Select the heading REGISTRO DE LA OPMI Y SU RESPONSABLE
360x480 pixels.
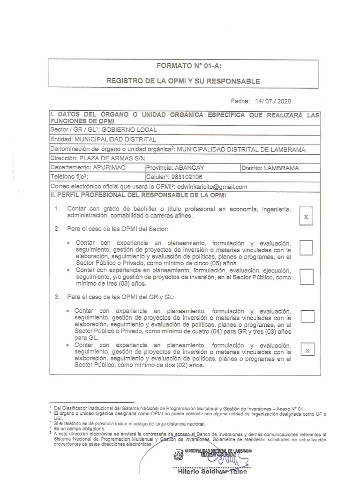pyautogui.click(x=183, y=81)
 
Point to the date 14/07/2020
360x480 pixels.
pyautogui.click(x=274, y=101)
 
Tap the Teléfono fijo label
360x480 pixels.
pyautogui.click(x=69, y=177)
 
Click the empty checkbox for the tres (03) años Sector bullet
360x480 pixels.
pyautogui.click(x=306, y=277)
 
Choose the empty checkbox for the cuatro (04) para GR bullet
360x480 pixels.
pyautogui.click(x=307, y=316)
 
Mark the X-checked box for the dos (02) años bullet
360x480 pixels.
pyautogui.click(x=307, y=350)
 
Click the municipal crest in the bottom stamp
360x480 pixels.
pyautogui.click(x=178, y=454)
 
